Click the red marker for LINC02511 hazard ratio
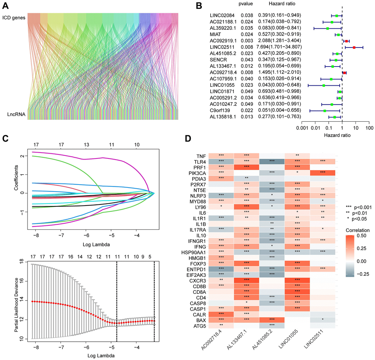pos(354,47)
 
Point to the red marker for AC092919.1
pos(346,41)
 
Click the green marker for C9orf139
pos(325,110)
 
